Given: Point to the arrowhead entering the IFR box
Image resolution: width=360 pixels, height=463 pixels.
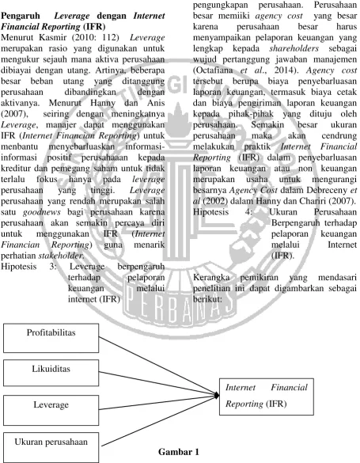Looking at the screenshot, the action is pyautogui.click(x=217, y=396).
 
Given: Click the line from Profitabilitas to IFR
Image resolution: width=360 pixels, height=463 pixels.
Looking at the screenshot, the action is pyautogui.click(x=158, y=366).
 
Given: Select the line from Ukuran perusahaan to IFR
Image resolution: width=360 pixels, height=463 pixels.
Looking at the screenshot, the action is pyautogui.click(x=159, y=420).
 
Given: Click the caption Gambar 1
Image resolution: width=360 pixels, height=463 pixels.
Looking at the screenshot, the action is pyautogui.click(x=179, y=452).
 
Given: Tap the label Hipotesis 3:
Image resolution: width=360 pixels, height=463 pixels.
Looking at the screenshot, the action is pyautogui.click(x=28, y=267).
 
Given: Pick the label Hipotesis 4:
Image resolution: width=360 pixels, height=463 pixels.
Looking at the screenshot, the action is pyautogui.click(x=222, y=212).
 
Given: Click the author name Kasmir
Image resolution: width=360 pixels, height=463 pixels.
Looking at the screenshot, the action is pyautogui.click(x=45, y=37).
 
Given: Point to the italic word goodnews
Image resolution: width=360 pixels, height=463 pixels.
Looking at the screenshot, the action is pyautogui.click(x=42, y=212).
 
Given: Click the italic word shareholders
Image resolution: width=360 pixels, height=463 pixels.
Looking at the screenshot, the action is pyautogui.click(x=294, y=48).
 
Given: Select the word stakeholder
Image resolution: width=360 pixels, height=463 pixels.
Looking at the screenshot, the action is pyautogui.click(x=61, y=256).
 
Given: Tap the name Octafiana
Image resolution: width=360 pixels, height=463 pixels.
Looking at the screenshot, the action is pyautogui.click(x=213, y=70).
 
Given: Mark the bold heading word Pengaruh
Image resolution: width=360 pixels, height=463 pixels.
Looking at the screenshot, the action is pyautogui.click(x=21, y=16).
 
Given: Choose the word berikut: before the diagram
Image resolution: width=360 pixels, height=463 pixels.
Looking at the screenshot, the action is pyautogui.click(x=207, y=299).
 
